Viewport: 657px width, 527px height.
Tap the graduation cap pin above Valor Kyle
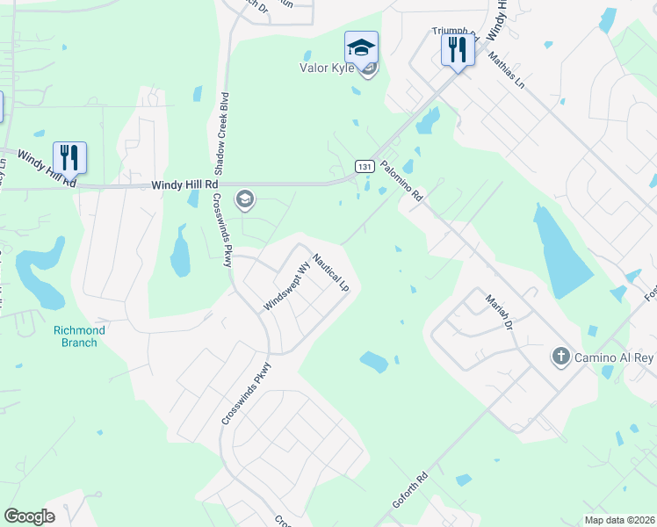coord(361,47)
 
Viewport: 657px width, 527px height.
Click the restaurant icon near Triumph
coord(457,50)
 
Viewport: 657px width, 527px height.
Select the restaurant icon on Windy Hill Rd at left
coord(69,157)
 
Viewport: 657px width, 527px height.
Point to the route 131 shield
coord(365,165)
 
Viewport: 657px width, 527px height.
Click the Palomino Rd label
coord(401,181)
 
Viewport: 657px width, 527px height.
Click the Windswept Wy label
coord(287,285)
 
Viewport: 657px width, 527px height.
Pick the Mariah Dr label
coord(498,311)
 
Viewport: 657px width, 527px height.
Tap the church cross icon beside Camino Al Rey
coord(560,356)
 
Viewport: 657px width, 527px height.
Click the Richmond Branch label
coord(79,336)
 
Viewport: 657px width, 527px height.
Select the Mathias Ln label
coord(507,69)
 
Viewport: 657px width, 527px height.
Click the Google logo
coord(29,516)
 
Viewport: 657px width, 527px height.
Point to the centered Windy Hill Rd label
coord(184,185)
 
